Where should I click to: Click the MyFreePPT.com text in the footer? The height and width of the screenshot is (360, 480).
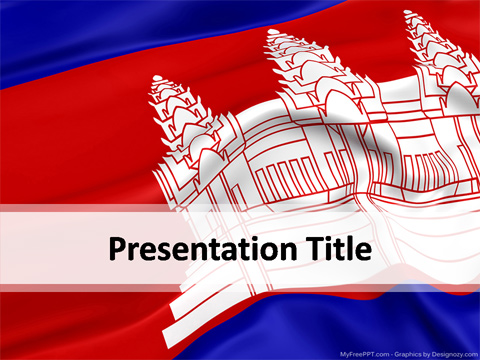[364, 353]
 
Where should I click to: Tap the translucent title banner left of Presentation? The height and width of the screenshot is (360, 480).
[50, 248]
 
